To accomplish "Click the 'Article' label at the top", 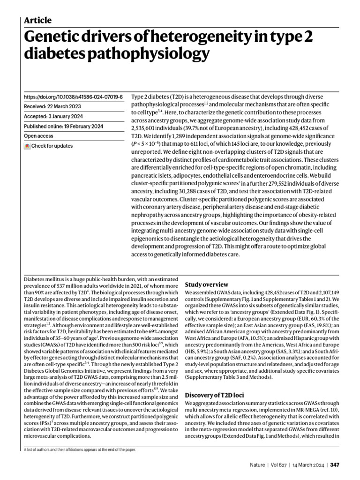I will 37,20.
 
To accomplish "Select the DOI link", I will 73,97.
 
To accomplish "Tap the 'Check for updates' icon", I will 27,146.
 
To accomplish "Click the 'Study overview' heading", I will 207,284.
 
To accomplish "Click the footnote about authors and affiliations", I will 80,450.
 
